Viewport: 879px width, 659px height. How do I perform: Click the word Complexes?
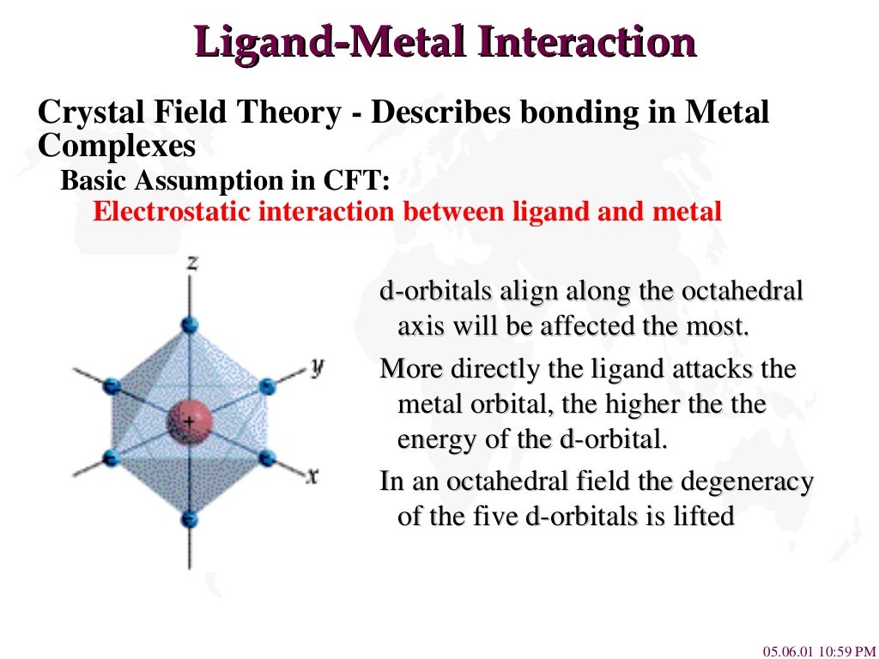coord(117,146)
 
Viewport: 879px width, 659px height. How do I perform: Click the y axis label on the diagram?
coord(317,367)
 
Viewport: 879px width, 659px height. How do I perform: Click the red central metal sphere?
coord(189,421)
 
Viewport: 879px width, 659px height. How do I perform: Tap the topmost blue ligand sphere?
coord(191,325)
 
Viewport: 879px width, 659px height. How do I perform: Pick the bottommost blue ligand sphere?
coord(191,519)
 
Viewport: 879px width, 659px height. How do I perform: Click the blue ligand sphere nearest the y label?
coord(268,386)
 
